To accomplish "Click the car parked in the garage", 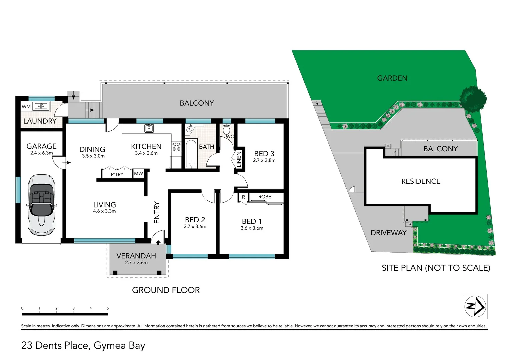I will tap(41, 204).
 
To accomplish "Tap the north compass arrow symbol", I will tap(475, 306).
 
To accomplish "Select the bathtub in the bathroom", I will tap(191, 154).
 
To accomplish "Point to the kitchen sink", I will tap(149, 128).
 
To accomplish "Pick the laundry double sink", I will tap(41, 106).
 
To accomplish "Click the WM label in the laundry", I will tap(26, 107).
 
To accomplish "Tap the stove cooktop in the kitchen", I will tap(176, 147).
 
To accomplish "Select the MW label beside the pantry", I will tap(138, 173).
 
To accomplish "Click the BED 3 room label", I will tap(264, 154).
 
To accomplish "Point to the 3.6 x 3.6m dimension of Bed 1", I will tap(252, 228).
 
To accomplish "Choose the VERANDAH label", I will tap(136, 256).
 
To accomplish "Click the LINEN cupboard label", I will tap(239, 160).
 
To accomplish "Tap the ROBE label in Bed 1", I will tap(265, 197).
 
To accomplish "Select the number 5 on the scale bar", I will tap(108, 308).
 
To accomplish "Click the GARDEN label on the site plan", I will tap(392, 78).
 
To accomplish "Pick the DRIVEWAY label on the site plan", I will tap(388, 233).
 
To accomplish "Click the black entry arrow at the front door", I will tap(158, 242).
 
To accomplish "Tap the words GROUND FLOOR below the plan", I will tap(166, 290).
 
